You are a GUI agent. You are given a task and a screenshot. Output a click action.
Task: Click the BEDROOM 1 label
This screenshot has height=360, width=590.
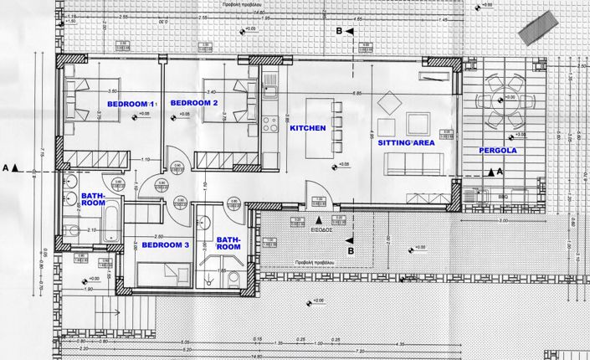[132, 103]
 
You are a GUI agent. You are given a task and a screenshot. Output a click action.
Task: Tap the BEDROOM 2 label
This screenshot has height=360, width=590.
[193, 103]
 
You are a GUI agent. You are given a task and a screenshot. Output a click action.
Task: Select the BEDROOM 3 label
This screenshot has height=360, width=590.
[165, 245]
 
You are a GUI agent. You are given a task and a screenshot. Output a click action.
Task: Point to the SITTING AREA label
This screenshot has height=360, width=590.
[407, 144]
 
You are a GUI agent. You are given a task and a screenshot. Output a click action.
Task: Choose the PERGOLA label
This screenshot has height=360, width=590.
[498, 151]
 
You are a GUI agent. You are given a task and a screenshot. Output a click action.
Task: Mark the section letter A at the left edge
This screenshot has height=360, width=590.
[6, 167]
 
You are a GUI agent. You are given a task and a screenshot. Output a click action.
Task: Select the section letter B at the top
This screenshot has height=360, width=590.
[339, 32]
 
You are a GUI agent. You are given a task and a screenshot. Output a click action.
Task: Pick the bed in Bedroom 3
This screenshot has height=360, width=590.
[166, 273]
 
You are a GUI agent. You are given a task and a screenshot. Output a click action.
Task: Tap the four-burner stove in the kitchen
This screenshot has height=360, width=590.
[270, 126]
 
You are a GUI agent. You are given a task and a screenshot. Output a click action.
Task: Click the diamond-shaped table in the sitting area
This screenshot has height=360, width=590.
[390, 104]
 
